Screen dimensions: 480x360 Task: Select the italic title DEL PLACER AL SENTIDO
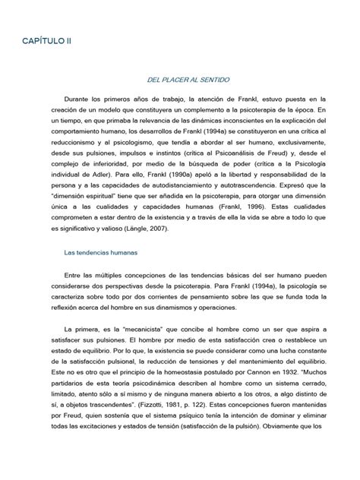[x=183, y=79]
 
